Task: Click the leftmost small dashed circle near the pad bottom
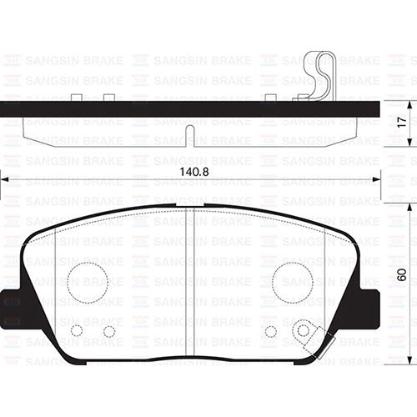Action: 77,330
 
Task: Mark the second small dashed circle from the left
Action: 108,331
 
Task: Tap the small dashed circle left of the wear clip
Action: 270,331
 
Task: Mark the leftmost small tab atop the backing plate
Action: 77,98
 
